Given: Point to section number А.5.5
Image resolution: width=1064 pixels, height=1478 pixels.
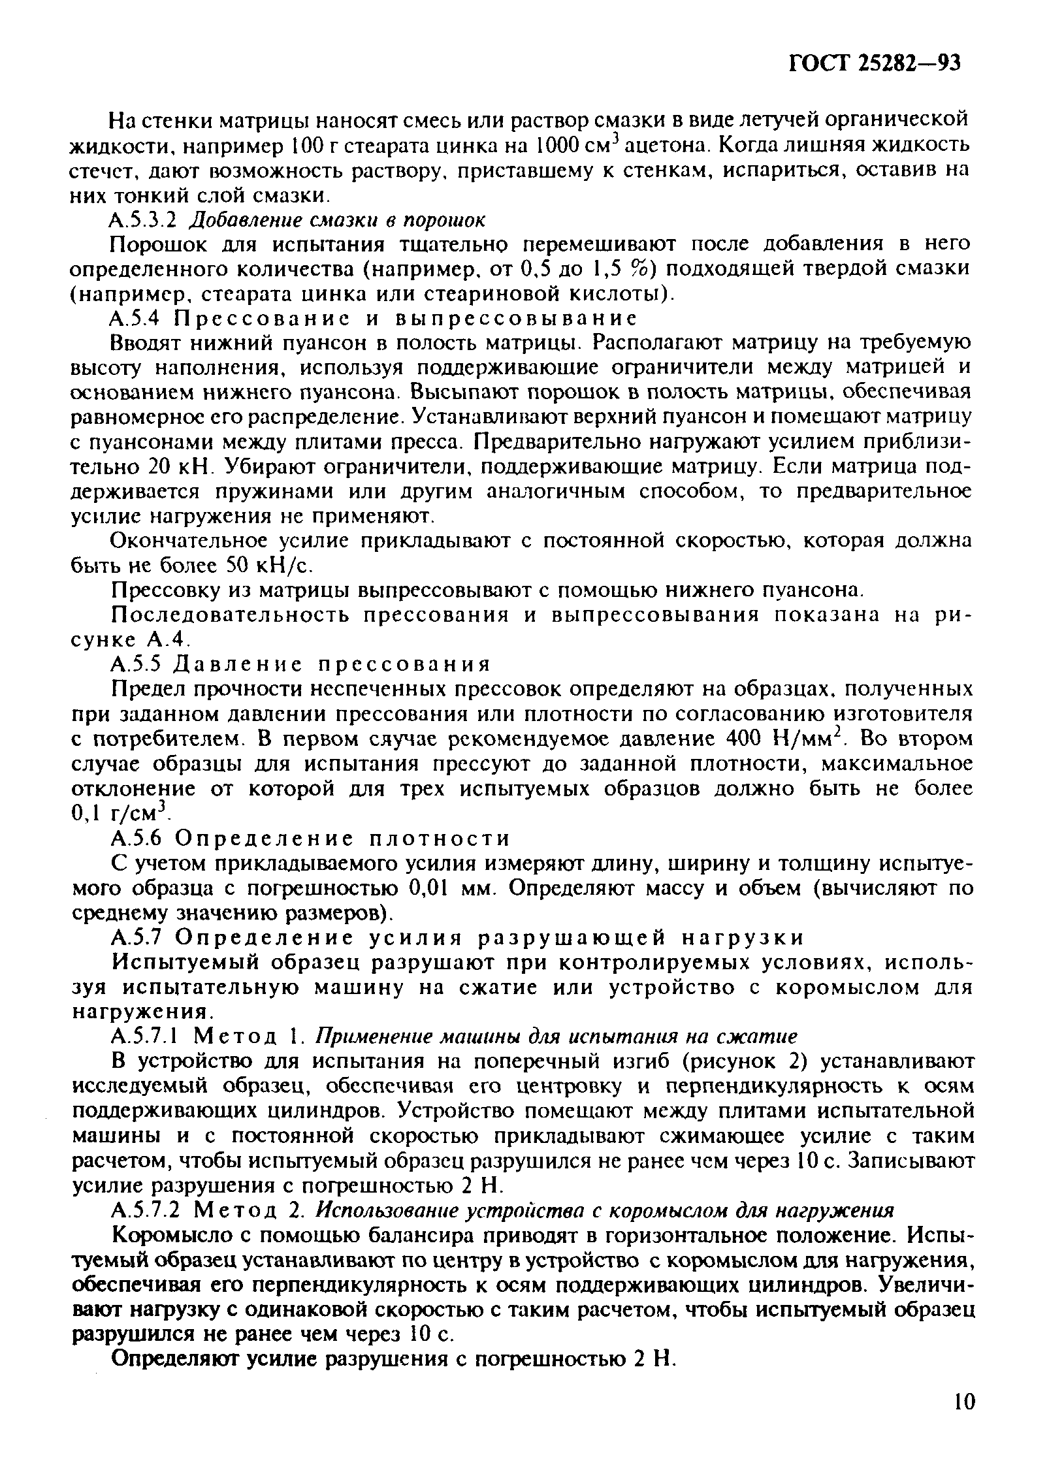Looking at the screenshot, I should tap(137, 664).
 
